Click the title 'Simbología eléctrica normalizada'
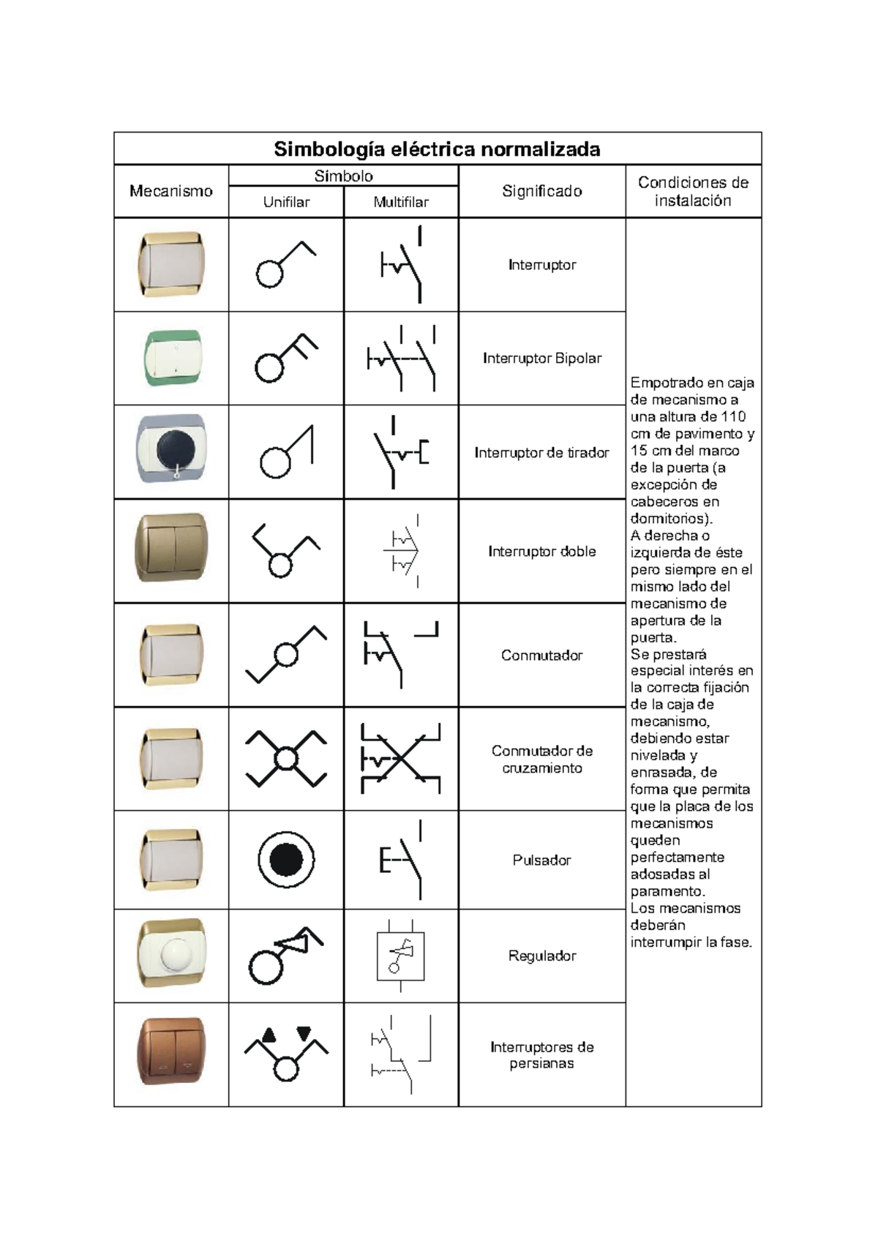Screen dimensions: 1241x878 437,149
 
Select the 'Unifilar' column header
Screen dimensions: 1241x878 286,203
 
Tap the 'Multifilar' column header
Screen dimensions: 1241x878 401,203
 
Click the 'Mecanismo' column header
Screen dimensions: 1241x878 170,191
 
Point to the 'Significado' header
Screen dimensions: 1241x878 541,191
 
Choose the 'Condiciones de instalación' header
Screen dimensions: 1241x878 693,191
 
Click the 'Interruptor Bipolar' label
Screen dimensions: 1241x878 541,359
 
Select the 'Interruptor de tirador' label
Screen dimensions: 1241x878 541,453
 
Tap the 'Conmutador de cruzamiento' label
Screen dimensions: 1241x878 541,760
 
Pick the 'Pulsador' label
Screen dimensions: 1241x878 541,861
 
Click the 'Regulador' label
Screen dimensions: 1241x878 541,956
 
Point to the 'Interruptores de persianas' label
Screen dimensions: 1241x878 541,1055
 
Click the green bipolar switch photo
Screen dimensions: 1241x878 172,359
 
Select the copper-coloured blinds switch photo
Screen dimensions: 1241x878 172,1051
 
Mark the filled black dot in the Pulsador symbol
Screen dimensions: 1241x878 286,860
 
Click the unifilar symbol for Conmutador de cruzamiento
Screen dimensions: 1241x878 286,759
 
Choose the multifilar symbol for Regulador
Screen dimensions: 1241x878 400,956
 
